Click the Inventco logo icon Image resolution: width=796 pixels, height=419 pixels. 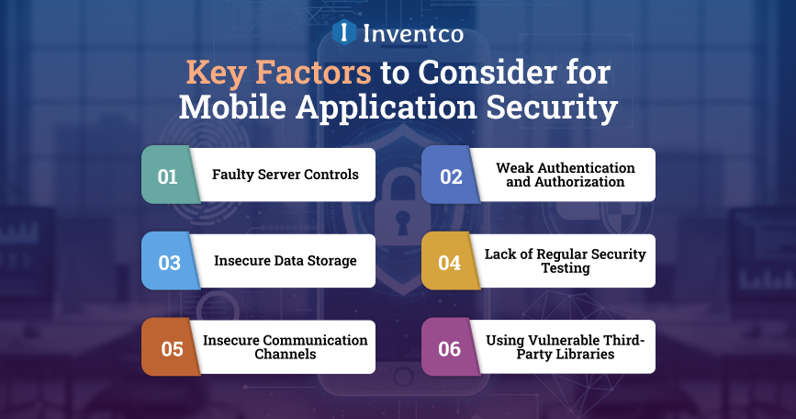(x=343, y=33)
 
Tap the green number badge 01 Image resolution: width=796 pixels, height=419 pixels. (x=168, y=176)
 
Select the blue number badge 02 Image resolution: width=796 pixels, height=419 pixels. (x=450, y=176)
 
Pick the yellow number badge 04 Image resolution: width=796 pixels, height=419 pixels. (x=449, y=261)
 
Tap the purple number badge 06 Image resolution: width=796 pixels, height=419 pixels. (x=450, y=347)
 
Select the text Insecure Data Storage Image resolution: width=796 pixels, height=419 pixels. (x=285, y=261)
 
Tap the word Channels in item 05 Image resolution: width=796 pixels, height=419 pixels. (x=285, y=354)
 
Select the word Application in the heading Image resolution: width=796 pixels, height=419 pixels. (x=389, y=107)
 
